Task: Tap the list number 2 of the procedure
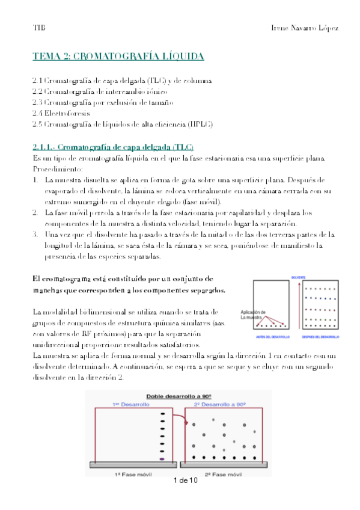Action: click(36, 212)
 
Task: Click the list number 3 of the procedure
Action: click(36, 235)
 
